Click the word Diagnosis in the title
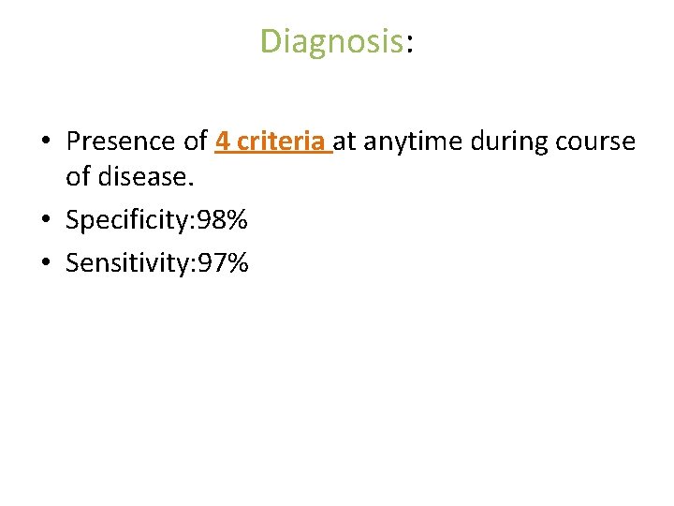pos(331,41)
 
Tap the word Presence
pos(124,141)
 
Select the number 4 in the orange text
pos(222,141)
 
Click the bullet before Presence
pos(45,142)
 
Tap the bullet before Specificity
pos(45,221)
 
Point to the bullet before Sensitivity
pos(45,264)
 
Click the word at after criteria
pos(345,142)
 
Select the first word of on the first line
pos(196,141)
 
